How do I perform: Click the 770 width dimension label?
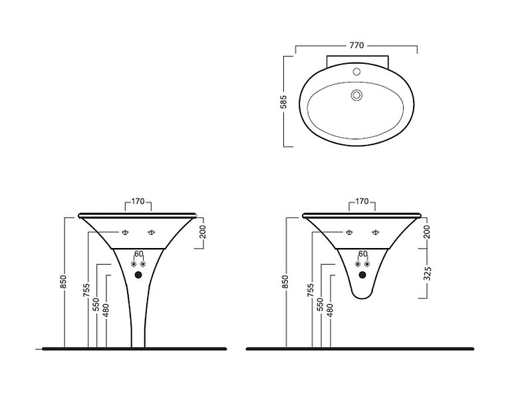click(x=356, y=45)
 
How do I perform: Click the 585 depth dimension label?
click(x=284, y=102)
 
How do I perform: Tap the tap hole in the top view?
click(x=356, y=72)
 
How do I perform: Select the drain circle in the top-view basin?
click(x=356, y=95)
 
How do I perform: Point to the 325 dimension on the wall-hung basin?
click(x=428, y=273)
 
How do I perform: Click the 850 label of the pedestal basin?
click(x=63, y=282)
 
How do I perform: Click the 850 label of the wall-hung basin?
click(x=285, y=282)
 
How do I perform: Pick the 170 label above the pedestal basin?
click(x=138, y=201)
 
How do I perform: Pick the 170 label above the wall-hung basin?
click(x=362, y=201)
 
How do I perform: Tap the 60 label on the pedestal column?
click(x=138, y=254)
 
